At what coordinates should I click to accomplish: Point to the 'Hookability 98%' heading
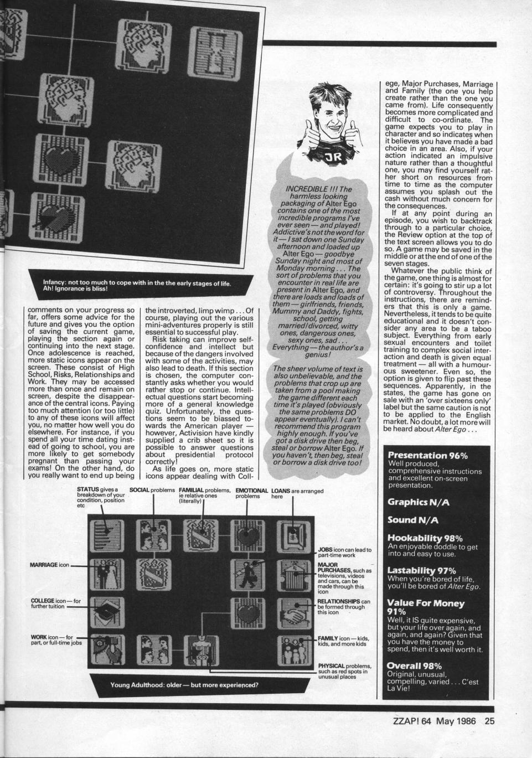(425, 538)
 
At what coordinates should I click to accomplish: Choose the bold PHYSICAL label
(332, 666)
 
